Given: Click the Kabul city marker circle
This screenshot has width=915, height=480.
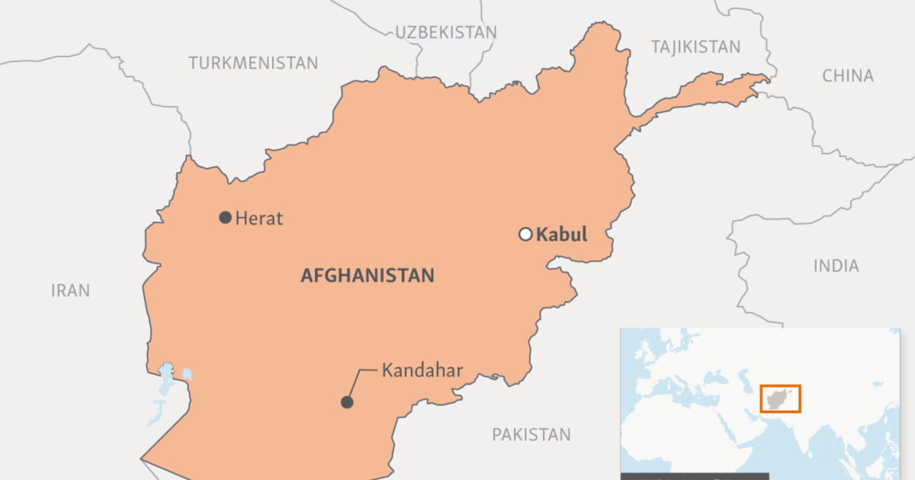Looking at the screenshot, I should click(525, 234).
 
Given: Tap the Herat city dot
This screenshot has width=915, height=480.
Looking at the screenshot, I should click(225, 218).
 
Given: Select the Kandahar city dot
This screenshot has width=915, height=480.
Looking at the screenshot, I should click(347, 402).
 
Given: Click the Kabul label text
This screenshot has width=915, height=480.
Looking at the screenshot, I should click(562, 235).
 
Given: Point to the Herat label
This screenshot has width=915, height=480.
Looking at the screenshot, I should click(259, 219).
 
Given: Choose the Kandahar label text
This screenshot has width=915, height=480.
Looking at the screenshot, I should click(422, 371).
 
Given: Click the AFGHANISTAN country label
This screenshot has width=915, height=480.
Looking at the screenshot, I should click(368, 276).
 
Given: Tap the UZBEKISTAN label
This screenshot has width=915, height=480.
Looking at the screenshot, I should click(446, 32).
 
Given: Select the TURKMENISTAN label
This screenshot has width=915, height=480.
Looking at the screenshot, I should click(253, 63).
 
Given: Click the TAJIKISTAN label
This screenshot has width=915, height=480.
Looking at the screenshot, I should click(695, 47).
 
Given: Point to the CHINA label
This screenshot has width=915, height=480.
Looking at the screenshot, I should click(848, 75).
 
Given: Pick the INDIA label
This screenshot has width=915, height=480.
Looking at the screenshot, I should click(836, 266).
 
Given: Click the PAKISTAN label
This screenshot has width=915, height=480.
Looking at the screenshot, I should click(531, 435).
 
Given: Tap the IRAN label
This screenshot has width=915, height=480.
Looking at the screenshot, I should click(70, 290).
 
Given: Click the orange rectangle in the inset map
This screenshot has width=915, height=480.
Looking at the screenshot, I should click(780, 398).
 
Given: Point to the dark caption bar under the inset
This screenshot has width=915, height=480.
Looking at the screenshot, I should click(694, 476).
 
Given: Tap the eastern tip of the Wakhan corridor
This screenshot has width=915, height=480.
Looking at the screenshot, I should click(766, 78).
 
